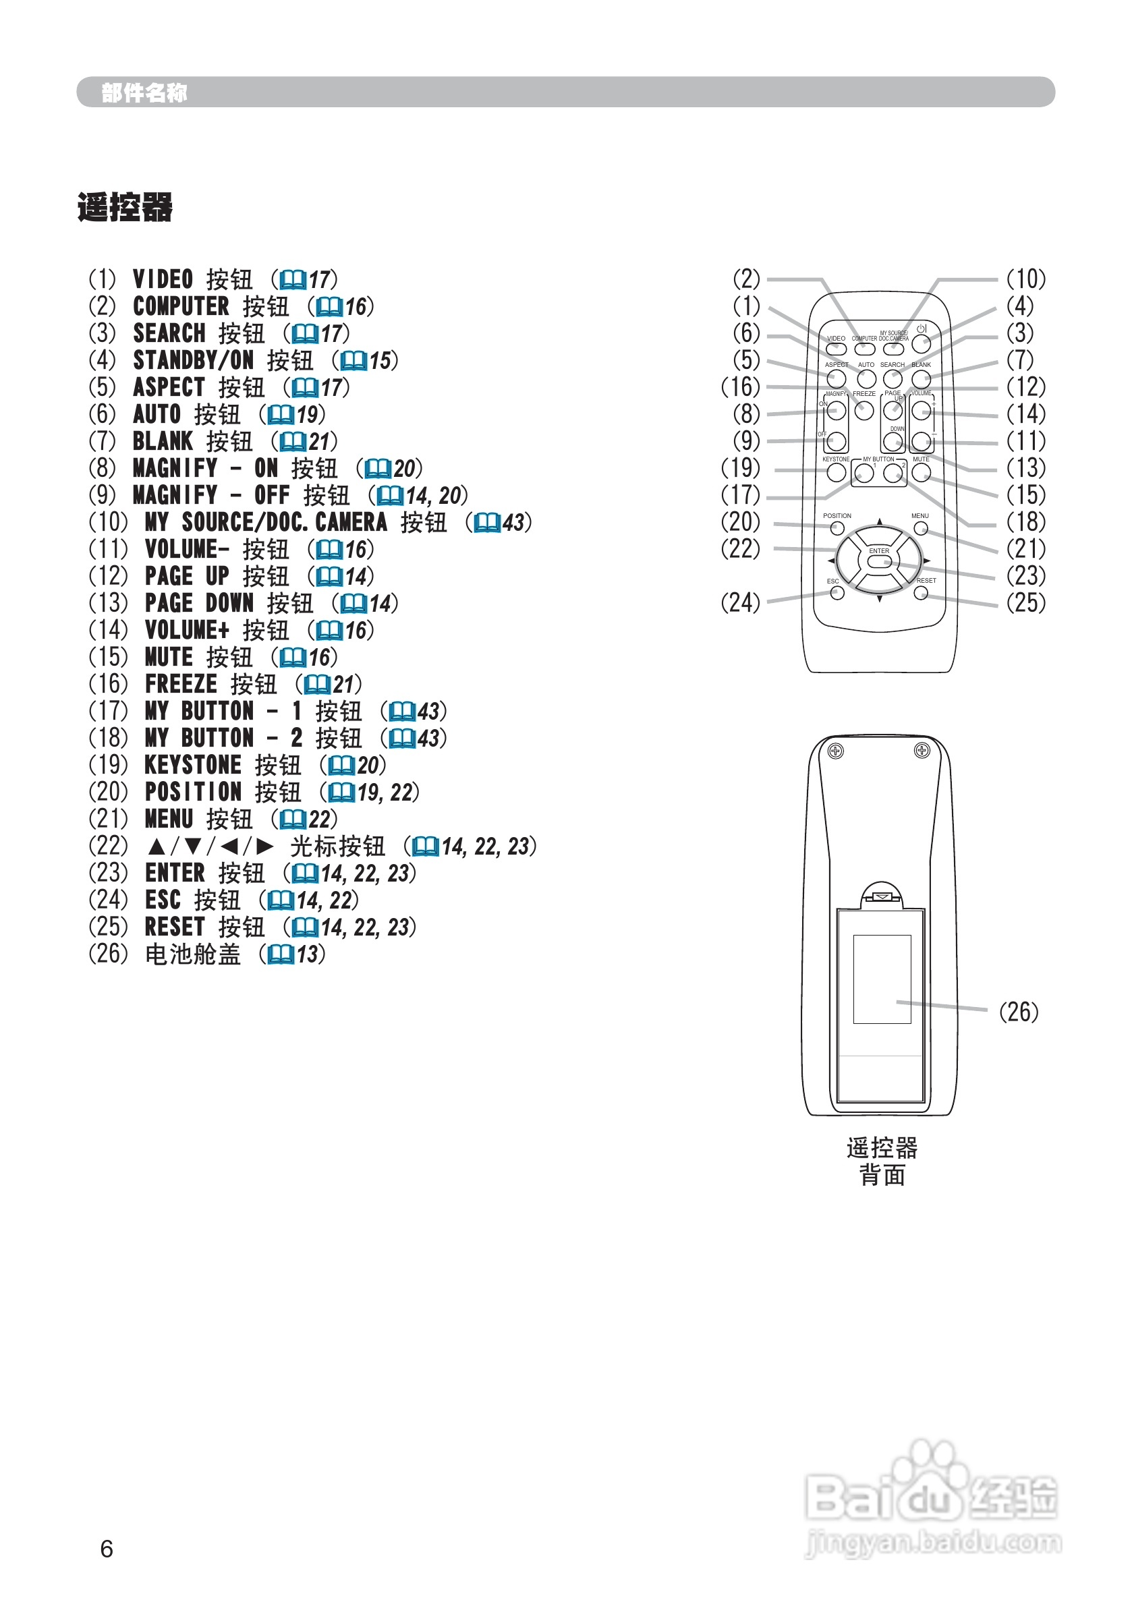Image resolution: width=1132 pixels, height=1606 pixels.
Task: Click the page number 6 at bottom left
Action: pyautogui.click(x=107, y=1549)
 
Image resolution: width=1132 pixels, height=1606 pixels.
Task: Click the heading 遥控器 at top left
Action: pyautogui.click(x=125, y=208)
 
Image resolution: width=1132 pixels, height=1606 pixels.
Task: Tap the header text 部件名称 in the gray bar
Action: pyautogui.click(x=144, y=92)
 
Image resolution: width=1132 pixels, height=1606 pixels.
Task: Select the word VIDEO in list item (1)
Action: pyautogui.click(x=163, y=279)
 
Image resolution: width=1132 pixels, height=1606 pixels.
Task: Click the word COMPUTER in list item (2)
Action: pyautogui.click(x=181, y=306)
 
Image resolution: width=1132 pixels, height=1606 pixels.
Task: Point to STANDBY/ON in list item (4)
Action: pyautogui.click(x=193, y=360)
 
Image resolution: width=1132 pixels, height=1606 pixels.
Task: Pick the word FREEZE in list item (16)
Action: pyautogui.click(x=181, y=684)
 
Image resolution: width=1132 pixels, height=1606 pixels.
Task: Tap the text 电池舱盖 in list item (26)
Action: pyautogui.click(x=192, y=954)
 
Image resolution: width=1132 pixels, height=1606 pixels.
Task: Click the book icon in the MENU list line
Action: pyautogui.click(x=293, y=820)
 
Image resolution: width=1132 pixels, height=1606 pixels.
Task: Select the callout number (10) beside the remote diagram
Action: pyautogui.click(x=1025, y=279)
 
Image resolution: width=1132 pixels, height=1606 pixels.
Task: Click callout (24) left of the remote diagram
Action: pyautogui.click(x=740, y=602)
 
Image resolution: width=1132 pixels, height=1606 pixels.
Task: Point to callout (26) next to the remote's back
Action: pyautogui.click(x=1018, y=1012)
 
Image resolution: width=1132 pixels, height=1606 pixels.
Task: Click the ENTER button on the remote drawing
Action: pyautogui.click(x=879, y=561)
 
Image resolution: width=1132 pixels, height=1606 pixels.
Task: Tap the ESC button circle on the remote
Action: pyautogui.click(x=837, y=593)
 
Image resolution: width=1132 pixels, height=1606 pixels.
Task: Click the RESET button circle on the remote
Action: pyautogui.click(x=921, y=593)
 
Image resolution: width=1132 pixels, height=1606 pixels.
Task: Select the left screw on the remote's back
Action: pyautogui.click(x=835, y=751)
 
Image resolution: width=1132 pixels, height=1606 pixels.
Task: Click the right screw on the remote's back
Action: pyautogui.click(x=922, y=751)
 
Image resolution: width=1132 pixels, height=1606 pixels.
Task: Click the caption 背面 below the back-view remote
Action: pyautogui.click(x=882, y=1175)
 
